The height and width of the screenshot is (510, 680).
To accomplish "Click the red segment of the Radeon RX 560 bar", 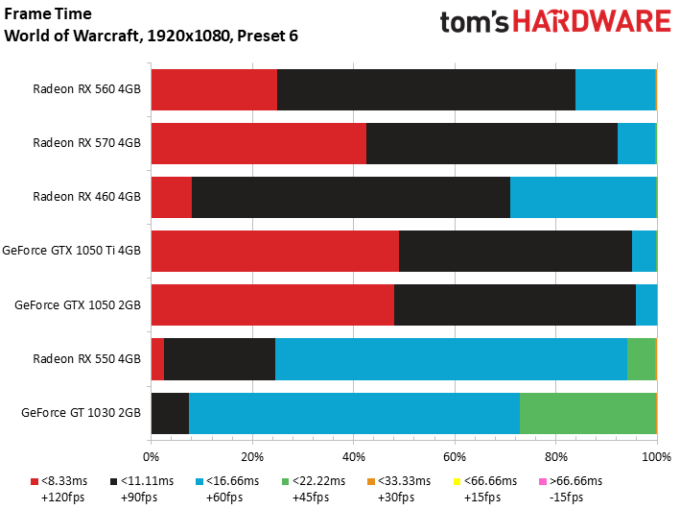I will pyautogui.click(x=214, y=89).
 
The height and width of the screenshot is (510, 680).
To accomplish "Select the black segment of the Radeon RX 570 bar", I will pyautogui.click(x=492, y=143).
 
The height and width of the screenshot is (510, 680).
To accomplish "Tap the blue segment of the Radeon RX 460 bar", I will pyautogui.click(x=582, y=197).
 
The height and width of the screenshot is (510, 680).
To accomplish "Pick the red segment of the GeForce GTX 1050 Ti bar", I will pyautogui.click(x=274, y=251).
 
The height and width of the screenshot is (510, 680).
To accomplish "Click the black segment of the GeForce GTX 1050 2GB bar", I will pyautogui.click(x=515, y=304).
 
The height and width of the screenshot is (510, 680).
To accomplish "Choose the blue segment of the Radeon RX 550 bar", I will pyautogui.click(x=451, y=358).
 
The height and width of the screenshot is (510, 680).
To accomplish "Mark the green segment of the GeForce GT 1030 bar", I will pyautogui.click(x=587, y=412).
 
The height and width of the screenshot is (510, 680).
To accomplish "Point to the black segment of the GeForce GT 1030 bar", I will pyautogui.click(x=170, y=412).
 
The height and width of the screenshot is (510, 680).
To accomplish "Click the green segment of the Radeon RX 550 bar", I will pyautogui.click(x=641, y=358).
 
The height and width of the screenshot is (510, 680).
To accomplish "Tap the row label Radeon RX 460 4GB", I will pyautogui.click(x=87, y=197).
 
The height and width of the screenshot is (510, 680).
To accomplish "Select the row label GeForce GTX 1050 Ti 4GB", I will pyautogui.click(x=72, y=251).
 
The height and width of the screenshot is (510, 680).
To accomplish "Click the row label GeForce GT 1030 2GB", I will pyautogui.click(x=81, y=413).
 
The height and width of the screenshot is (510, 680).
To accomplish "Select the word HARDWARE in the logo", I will pyautogui.click(x=587, y=23).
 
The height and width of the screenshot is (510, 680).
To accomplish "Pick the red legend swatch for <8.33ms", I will pyautogui.click(x=35, y=481).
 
